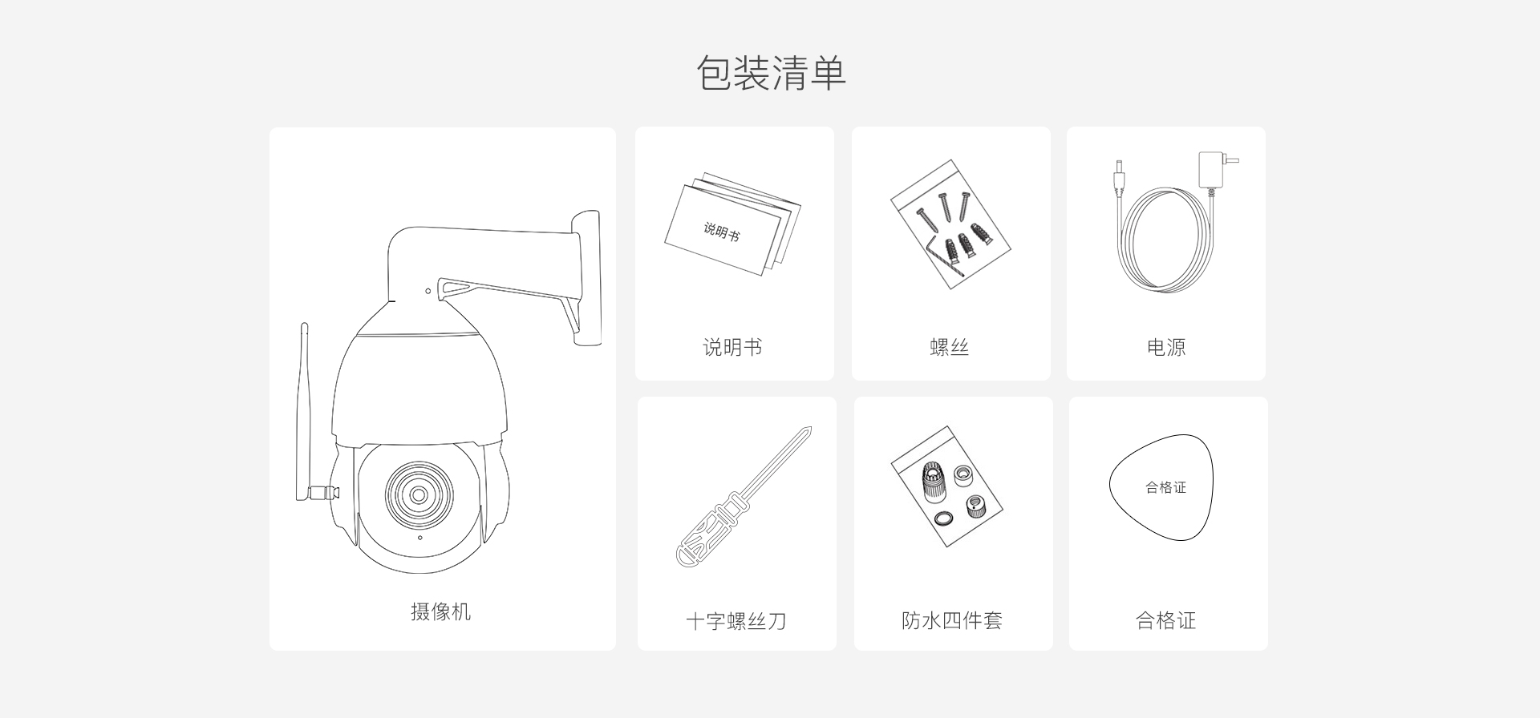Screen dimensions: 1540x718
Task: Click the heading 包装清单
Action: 771,73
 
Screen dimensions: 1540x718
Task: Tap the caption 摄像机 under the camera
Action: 440,612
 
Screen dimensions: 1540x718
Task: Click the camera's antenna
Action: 305,409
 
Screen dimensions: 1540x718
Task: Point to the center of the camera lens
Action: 419,494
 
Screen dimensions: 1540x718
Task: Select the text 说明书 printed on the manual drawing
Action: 722,232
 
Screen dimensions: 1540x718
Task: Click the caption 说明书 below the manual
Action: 732,347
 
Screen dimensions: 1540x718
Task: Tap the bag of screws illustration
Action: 950,224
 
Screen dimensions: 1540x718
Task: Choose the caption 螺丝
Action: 950,347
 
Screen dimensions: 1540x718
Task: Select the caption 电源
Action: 1166,347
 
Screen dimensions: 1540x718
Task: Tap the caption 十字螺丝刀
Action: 736,621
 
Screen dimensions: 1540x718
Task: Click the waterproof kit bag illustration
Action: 947,486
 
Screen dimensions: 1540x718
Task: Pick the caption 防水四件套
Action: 952,620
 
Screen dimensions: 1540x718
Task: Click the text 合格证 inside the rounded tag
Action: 1165,487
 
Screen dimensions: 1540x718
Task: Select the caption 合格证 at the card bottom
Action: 1166,620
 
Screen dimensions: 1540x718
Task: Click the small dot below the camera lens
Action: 419,538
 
